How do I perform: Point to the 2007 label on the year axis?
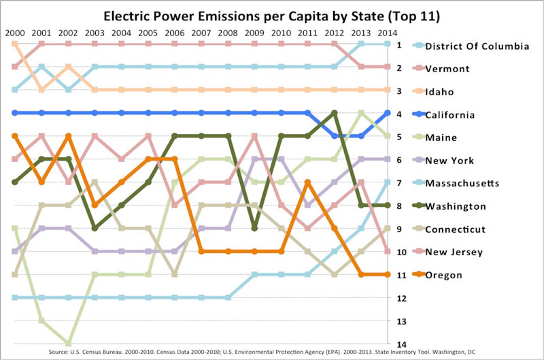201,32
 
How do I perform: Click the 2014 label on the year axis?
387,32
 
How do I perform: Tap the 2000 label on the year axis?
15,32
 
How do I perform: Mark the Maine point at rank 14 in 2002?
68,343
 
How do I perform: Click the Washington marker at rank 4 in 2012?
334,113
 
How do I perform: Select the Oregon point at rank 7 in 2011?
307,182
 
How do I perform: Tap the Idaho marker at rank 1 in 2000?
15,44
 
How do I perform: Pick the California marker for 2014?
387,113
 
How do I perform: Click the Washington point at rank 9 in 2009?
254,228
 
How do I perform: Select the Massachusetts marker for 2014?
387,182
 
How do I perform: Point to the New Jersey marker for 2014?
387,251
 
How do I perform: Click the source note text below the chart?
272,353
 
